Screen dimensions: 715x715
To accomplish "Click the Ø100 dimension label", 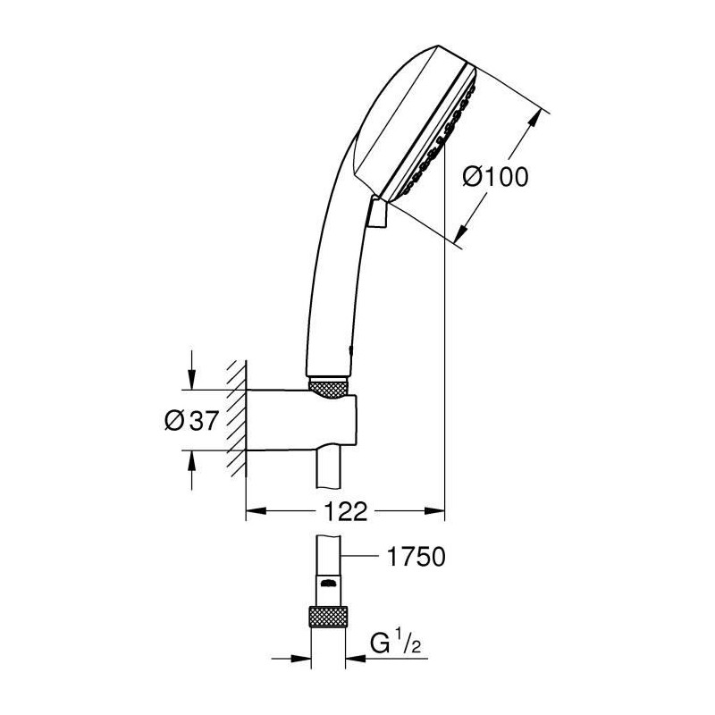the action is pyautogui.click(x=495, y=177).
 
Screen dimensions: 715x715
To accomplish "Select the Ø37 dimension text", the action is pyautogui.click(x=191, y=420).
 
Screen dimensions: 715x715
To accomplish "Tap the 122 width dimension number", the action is pyautogui.click(x=345, y=511).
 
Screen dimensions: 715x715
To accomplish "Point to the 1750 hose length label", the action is pyautogui.click(x=416, y=557).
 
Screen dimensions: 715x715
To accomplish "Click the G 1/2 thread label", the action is pyautogui.click(x=395, y=643).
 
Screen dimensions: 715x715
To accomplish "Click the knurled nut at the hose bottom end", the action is pyautogui.click(x=328, y=618).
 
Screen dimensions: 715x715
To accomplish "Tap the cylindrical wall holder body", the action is pyautogui.click(x=301, y=420).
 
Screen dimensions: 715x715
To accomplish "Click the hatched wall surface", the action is pyautogui.click(x=237, y=418).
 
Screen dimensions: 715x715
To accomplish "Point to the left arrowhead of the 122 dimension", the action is pyautogui.click(x=257, y=511).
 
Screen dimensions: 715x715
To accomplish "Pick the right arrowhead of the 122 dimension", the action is pyautogui.click(x=434, y=511).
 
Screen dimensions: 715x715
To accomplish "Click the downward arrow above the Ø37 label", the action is pyautogui.click(x=192, y=370).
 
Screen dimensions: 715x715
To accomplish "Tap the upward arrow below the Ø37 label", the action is pyautogui.click(x=192, y=471).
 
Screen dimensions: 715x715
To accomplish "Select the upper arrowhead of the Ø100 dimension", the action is pyautogui.click(x=534, y=119).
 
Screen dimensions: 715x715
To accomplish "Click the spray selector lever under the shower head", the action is pyautogui.click(x=377, y=211).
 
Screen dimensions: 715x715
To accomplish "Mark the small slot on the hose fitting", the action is pyautogui.click(x=327, y=583).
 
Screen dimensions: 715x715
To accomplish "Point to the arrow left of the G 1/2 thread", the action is pyautogui.click(x=291, y=658).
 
